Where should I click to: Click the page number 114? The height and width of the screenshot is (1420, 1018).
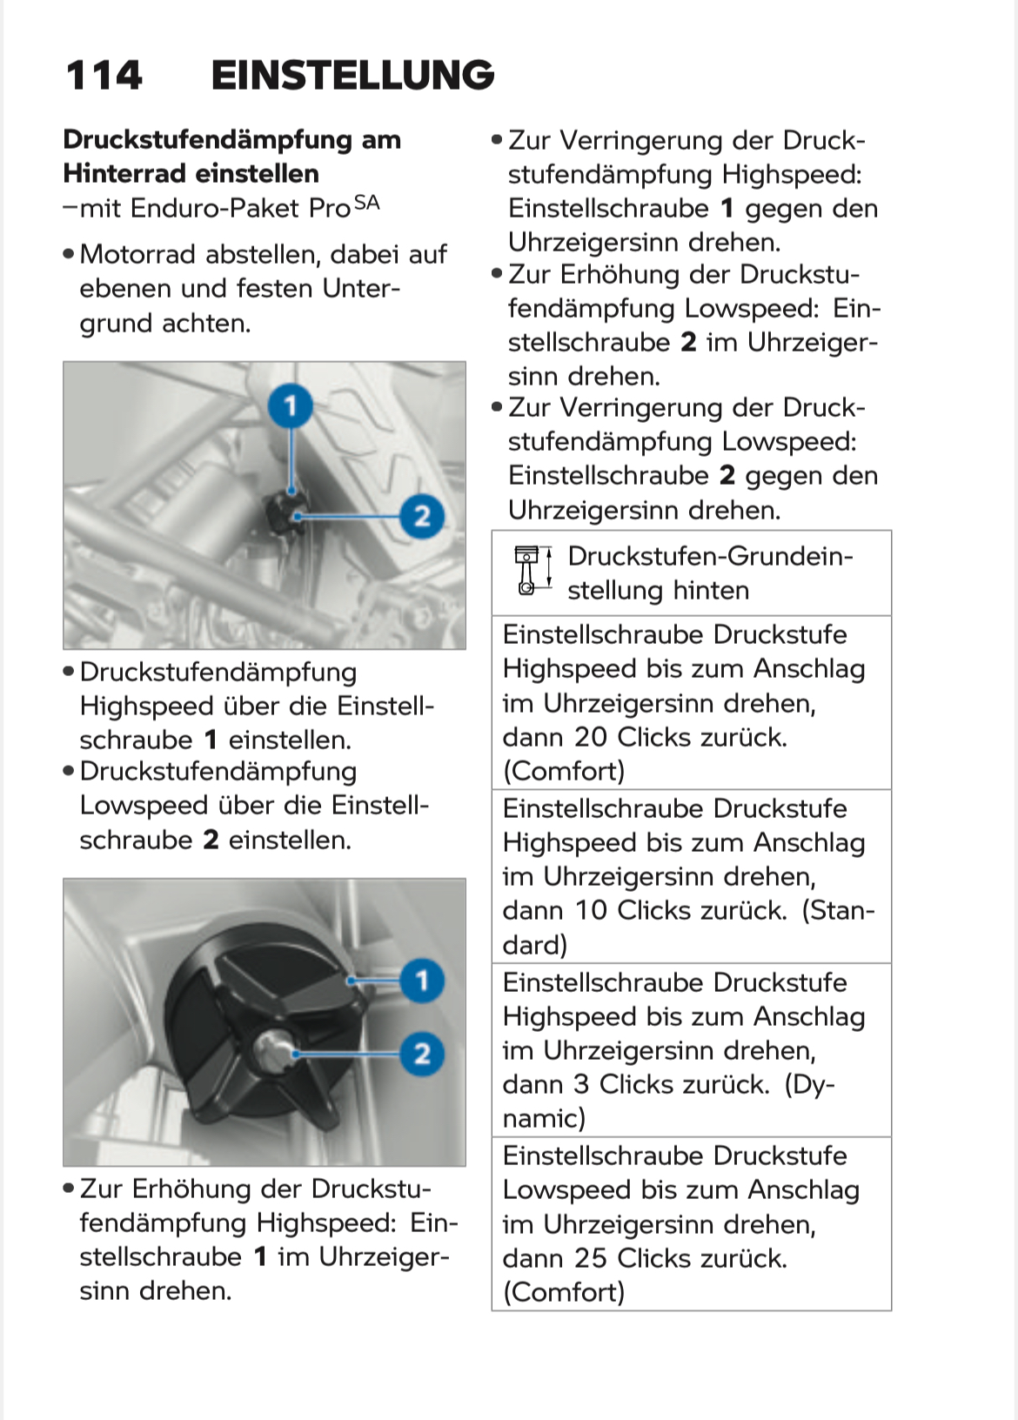point(104,76)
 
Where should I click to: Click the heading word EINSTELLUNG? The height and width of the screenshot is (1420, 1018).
point(352,76)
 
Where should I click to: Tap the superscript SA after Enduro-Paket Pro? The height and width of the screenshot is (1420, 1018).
point(367,204)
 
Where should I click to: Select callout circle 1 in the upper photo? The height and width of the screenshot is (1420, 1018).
point(291,405)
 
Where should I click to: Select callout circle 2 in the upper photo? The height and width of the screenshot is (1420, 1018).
point(422,516)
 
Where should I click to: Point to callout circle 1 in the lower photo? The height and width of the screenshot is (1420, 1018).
point(422,981)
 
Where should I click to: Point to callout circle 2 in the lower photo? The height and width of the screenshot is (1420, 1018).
point(422,1054)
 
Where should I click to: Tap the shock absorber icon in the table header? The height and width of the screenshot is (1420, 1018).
point(527,571)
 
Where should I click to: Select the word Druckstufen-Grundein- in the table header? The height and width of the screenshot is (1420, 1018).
point(710,556)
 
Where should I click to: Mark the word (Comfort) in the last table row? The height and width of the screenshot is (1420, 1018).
point(564,1292)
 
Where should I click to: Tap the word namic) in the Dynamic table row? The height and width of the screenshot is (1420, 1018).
point(544,1118)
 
